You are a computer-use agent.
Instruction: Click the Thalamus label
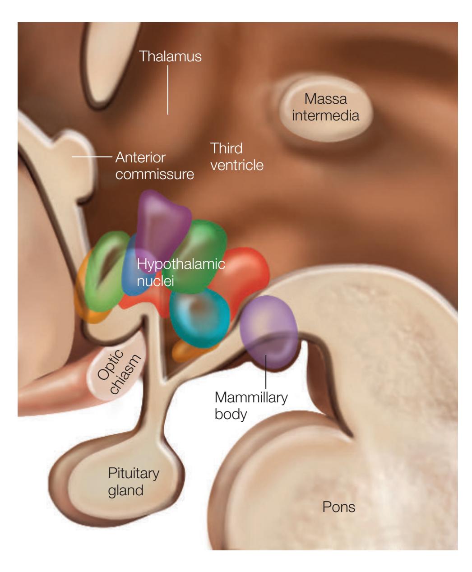[170, 56]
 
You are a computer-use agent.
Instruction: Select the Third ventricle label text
[236, 157]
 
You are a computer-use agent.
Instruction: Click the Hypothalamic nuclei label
[180, 272]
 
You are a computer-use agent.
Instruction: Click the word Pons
[338, 507]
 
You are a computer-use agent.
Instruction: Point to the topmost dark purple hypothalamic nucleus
[162, 221]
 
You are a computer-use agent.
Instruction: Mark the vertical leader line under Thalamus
[168, 90]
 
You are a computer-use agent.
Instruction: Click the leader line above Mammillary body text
[266, 370]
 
